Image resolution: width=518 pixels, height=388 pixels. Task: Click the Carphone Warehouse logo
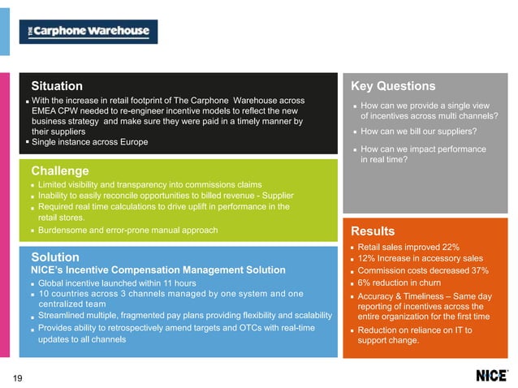click(88, 32)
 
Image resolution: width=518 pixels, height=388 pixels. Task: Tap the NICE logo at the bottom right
click(492, 376)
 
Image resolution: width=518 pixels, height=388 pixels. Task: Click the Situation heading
click(57, 86)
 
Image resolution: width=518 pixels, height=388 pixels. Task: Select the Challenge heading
click(59, 171)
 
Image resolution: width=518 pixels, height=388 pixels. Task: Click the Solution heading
click(54, 257)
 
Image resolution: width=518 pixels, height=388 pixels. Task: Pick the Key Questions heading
click(393, 86)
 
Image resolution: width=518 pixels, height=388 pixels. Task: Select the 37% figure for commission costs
click(477, 271)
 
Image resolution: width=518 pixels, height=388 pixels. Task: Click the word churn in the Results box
click(430, 283)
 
